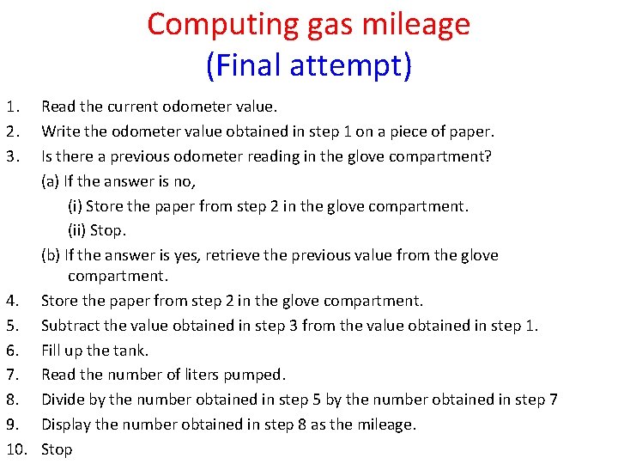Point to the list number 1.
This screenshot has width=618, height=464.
coord(9,107)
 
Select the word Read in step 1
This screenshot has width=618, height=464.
coord(58,107)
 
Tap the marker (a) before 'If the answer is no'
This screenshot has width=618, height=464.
coord(51,181)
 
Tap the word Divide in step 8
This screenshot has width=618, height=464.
coord(62,400)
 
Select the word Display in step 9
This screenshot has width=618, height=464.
coord(66,424)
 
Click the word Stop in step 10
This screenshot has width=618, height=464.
coord(57,449)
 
